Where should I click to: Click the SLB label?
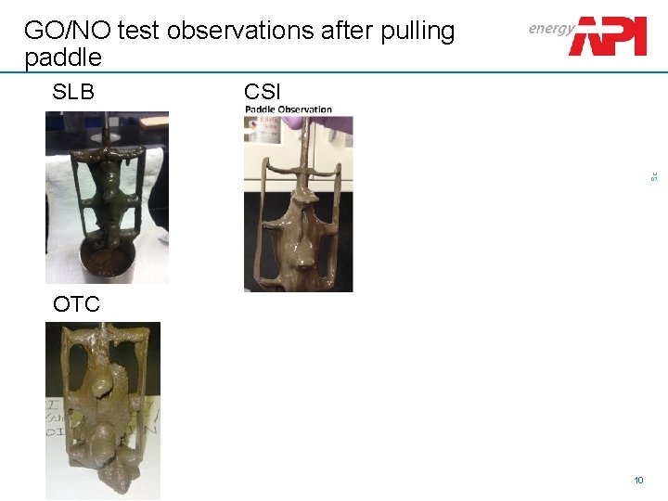tap(73, 92)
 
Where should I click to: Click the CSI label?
tap(263, 92)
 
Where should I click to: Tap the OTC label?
tap(76, 303)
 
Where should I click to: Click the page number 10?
tap(638, 480)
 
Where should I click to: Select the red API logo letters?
tap(609, 36)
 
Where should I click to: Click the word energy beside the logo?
tap(551, 29)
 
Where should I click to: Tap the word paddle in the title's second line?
tap(63, 58)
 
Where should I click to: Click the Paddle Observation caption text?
tap(289, 109)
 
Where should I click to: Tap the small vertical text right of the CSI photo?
tap(654, 174)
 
